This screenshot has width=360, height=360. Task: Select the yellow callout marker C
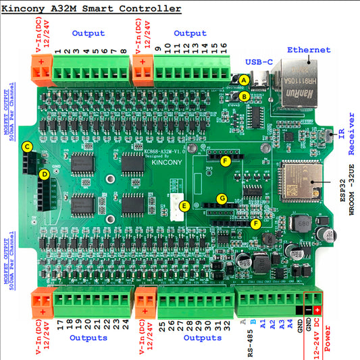point(27,146)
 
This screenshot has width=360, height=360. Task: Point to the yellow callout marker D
point(44,174)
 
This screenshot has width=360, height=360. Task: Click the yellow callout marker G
point(221,199)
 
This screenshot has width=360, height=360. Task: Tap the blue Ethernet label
point(309,50)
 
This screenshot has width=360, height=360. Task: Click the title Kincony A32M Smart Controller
point(96,9)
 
